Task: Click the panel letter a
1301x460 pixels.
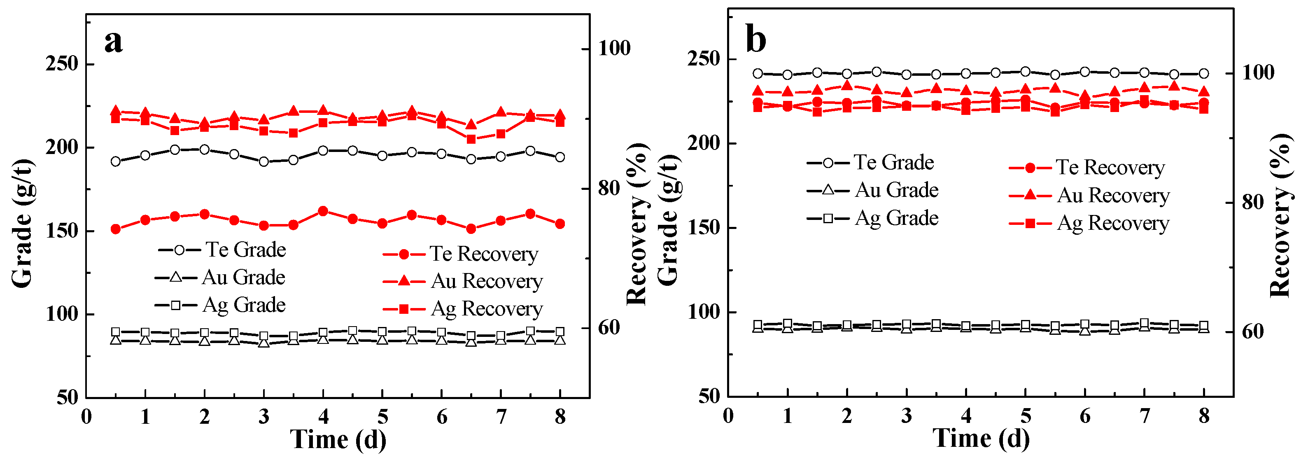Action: point(114,42)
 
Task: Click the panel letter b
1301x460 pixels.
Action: point(755,40)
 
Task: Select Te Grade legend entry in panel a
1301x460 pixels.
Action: point(223,250)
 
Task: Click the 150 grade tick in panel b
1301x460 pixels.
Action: point(704,228)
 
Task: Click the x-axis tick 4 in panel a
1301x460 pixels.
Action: point(323,417)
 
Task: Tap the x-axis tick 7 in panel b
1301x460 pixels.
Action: point(1145,416)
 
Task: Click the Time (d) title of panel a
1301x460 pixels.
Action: point(338,439)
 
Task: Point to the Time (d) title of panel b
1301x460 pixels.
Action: point(981,438)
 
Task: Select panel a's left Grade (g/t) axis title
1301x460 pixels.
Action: point(22,223)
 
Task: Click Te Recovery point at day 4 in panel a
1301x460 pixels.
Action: point(323,211)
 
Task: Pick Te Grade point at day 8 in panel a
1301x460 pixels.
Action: point(560,157)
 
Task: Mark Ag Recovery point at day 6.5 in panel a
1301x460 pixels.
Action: point(471,139)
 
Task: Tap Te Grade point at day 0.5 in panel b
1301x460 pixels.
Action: point(758,74)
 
